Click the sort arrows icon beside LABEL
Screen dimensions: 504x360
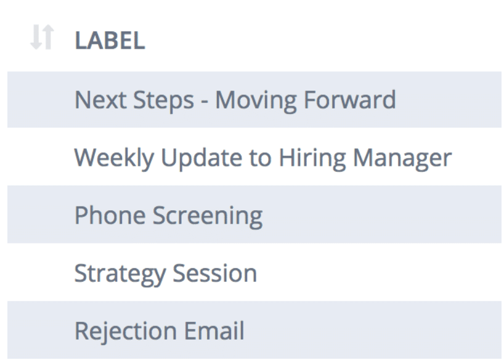(42, 37)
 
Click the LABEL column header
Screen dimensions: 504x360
(110, 41)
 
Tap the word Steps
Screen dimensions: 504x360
(164, 100)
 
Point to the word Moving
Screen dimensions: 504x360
(256, 101)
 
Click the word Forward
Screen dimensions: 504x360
(350, 99)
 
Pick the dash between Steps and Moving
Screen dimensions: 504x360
(205, 102)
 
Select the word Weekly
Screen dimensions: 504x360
(114, 158)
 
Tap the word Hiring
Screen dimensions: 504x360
(312, 158)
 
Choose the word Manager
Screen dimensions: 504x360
(402, 159)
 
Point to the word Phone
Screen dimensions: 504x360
(110, 215)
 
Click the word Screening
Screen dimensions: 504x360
(207, 216)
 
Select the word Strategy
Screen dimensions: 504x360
(120, 274)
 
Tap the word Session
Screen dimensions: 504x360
(215, 273)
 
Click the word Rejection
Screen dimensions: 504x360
(126, 331)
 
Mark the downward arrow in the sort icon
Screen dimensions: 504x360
(36, 38)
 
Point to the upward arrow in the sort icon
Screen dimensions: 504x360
(48, 36)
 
